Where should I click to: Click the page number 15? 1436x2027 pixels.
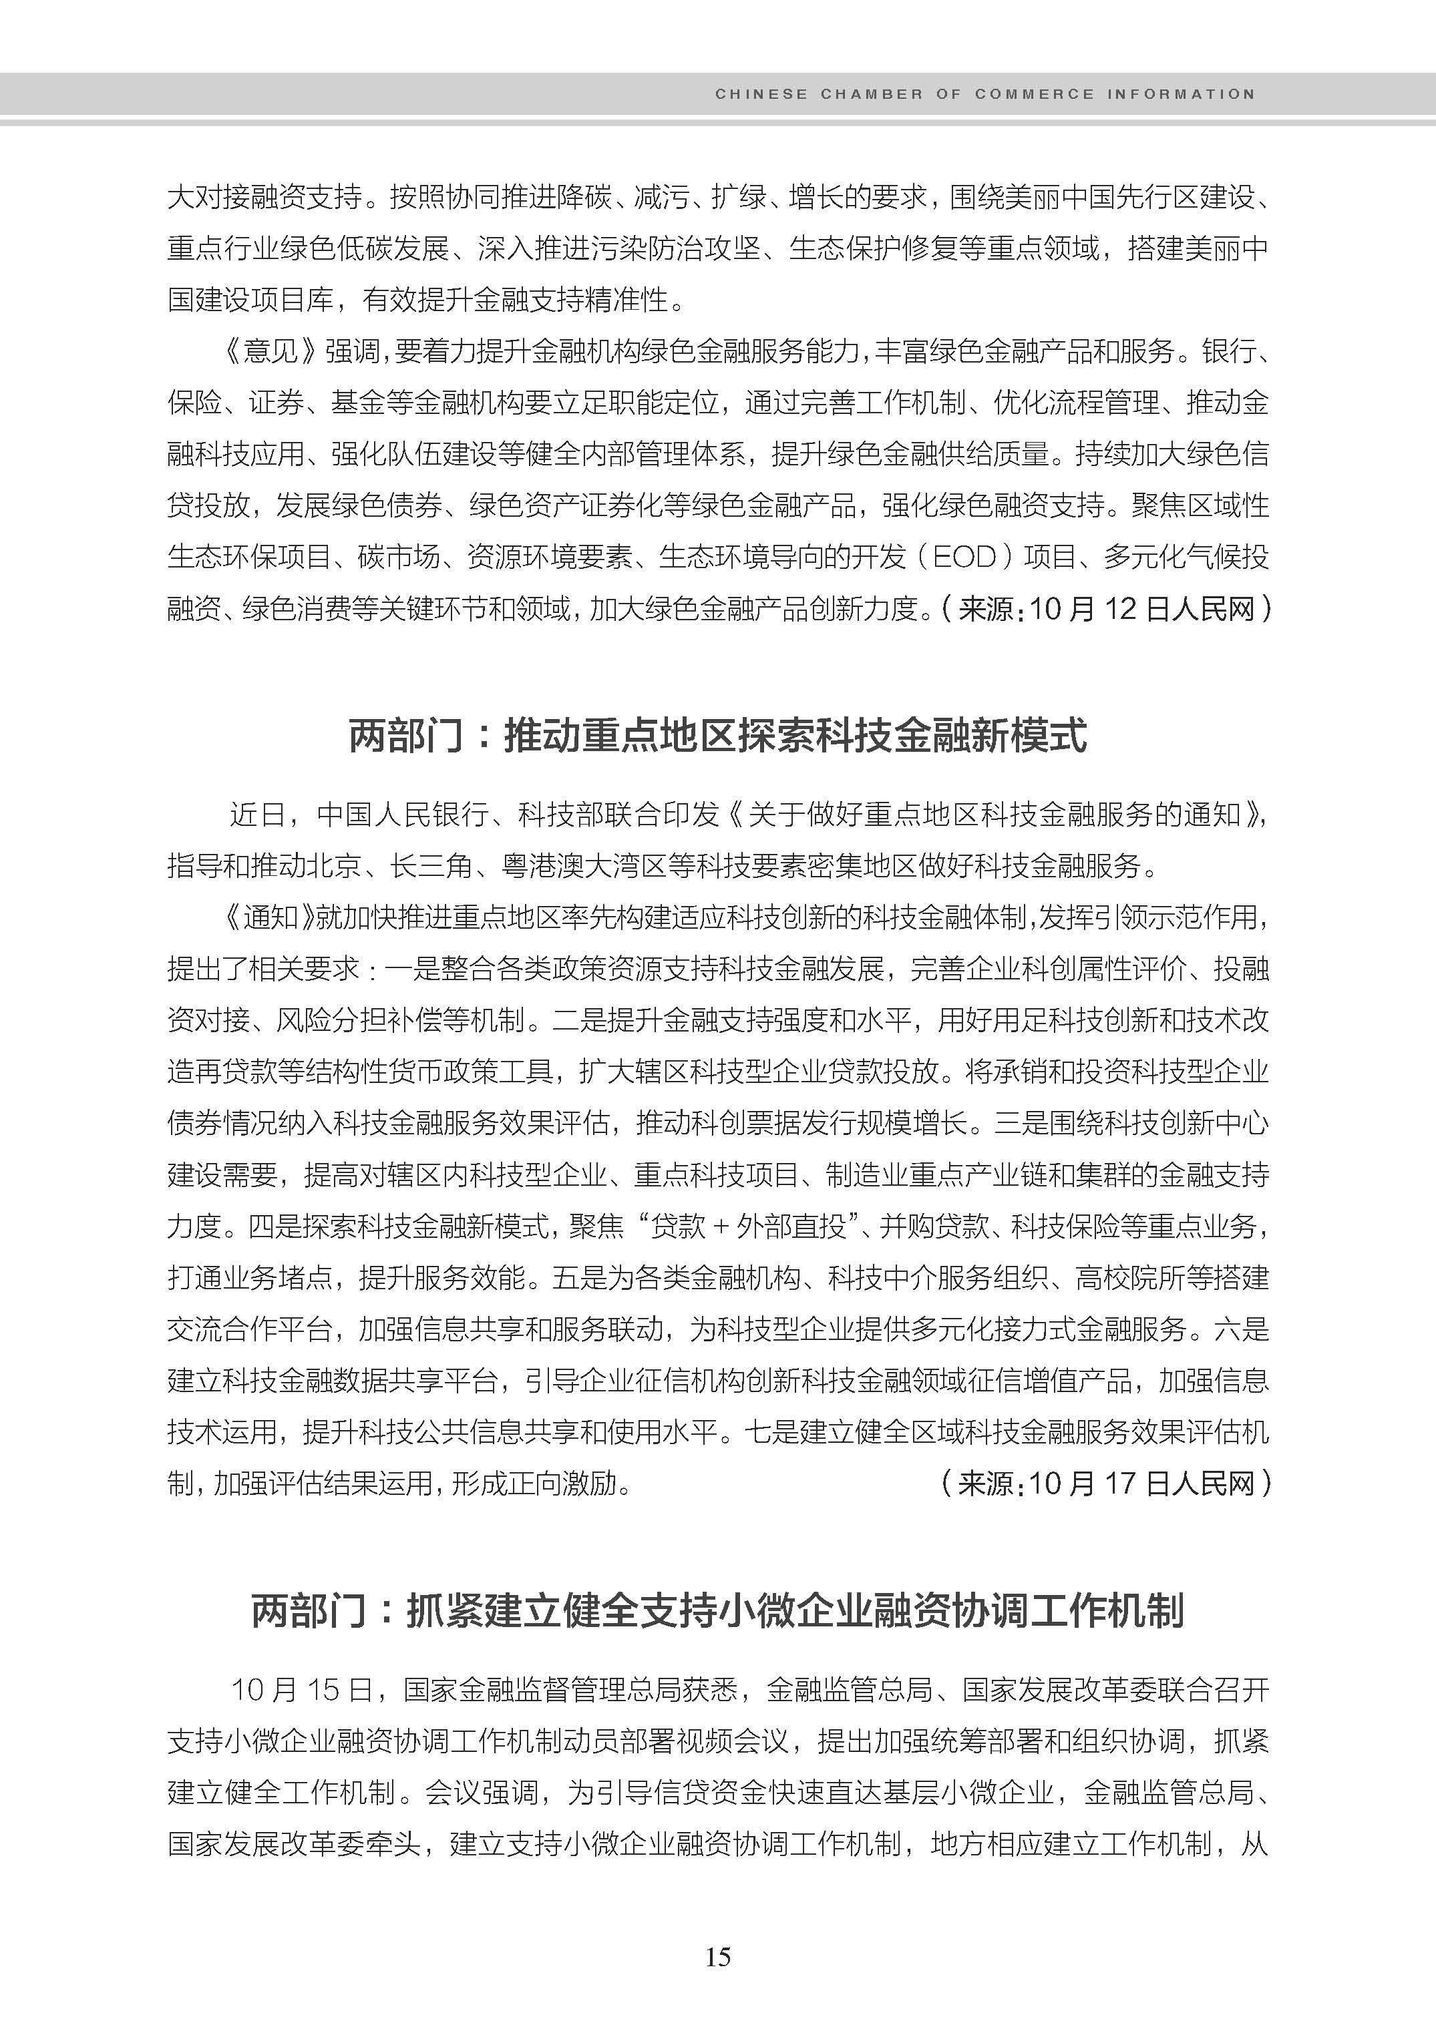tap(718, 1956)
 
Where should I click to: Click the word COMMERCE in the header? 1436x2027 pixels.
tap(1034, 93)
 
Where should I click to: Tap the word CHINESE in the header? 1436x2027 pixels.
tap(761, 93)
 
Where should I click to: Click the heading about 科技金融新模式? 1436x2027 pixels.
tap(717, 736)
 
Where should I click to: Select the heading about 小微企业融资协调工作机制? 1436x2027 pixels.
tap(717, 1610)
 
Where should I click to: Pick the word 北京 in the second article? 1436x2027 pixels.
tap(334, 865)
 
